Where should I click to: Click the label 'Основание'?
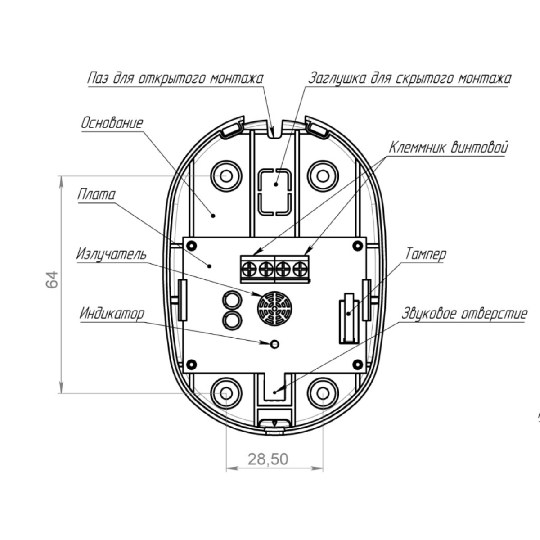coord(112,123)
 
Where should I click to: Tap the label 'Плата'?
coord(97,194)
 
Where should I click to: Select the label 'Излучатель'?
coord(112,254)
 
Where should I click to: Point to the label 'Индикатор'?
coord(112,314)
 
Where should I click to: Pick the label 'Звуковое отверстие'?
coord(464,314)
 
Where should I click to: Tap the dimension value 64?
coord(52,279)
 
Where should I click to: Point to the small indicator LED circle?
coord(274,344)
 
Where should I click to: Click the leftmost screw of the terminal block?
coord(249,269)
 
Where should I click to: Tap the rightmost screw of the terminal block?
coord(300,269)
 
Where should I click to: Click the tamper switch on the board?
coord(349,318)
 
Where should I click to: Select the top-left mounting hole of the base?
coord(226,176)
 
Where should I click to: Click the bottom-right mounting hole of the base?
coord(323,393)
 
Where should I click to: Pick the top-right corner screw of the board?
coord(358,246)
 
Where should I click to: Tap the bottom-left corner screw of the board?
coord(192,364)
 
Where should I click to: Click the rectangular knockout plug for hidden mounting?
coord(274,192)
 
